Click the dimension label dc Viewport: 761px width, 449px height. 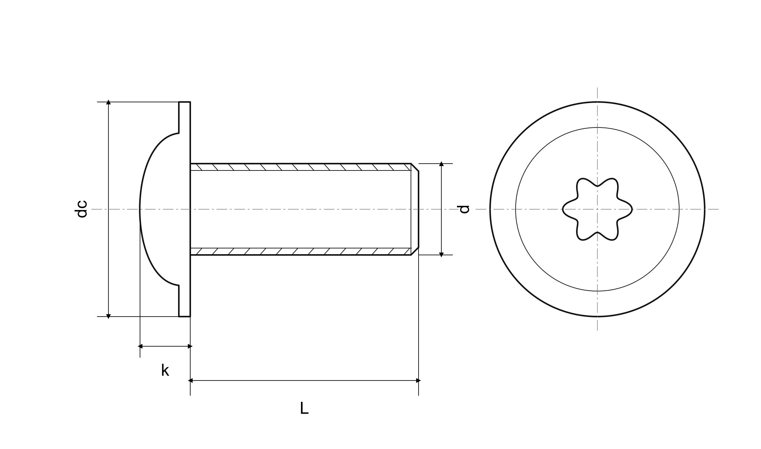pyautogui.click(x=82, y=209)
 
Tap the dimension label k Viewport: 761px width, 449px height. pyautogui.click(x=165, y=370)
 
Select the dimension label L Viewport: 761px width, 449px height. pyautogui.click(x=304, y=408)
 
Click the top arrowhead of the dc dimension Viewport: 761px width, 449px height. pyautogui.click(x=108, y=102)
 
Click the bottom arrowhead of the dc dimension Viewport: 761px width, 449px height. pyautogui.click(x=108, y=316)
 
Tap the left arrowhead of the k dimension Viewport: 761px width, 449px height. pyautogui.click(x=140, y=346)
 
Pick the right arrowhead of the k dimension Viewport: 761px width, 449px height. pyautogui.click(x=190, y=346)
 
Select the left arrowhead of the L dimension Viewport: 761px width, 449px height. pyautogui.click(x=191, y=381)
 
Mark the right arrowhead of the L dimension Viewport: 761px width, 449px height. pyautogui.click(x=418, y=381)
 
